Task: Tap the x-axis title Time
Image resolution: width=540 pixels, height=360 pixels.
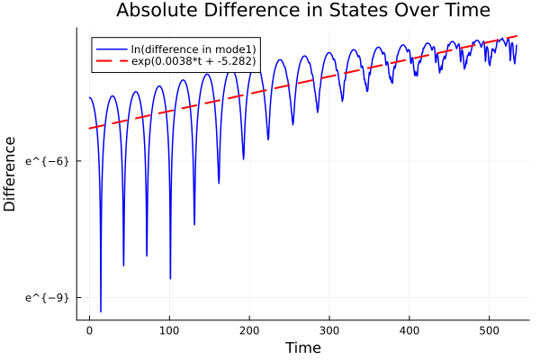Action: click(302, 347)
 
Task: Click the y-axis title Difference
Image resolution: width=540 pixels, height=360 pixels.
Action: click(11, 174)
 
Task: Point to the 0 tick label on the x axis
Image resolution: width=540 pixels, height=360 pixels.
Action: click(89, 329)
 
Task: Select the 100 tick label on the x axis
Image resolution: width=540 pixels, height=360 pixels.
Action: click(169, 329)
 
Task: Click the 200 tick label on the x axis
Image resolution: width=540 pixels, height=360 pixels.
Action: click(249, 329)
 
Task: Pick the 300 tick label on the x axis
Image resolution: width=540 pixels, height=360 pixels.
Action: click(329, 329)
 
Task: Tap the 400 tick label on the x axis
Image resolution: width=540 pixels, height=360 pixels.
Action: click(409, 329)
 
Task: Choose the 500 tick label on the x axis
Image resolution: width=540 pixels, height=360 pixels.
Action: click(490, 329)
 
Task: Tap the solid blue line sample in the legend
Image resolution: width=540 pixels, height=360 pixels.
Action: click(111, 47)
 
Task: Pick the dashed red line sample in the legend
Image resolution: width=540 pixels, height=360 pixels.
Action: click(111, 62)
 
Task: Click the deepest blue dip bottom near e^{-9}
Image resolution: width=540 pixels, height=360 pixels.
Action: click(101, 311)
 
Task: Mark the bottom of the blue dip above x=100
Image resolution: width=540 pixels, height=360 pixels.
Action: click(170, 279)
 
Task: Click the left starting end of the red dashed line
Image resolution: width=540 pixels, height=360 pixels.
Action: click(89, 129)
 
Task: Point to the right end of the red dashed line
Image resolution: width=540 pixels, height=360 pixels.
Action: click(517, 36)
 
